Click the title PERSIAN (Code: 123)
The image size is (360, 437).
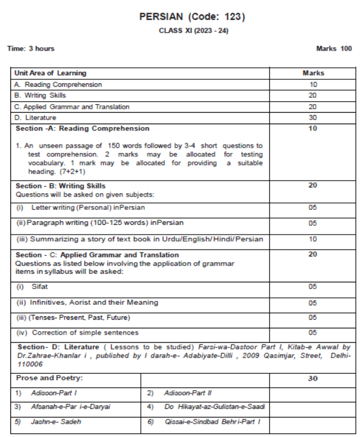point(192,17)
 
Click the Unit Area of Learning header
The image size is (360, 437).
point(51,73)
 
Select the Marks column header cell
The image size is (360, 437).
point(313,73)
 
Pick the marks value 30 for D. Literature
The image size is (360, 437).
point(313,118)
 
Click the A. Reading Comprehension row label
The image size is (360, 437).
point(58,85)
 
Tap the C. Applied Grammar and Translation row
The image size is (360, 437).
point(72,107)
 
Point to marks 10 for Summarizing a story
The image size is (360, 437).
point(313,239)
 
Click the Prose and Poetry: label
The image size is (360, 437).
point(49,378)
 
